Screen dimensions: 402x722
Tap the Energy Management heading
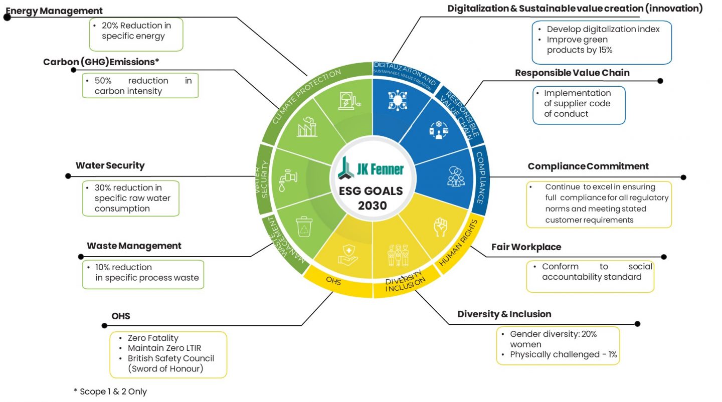tap(54, 11)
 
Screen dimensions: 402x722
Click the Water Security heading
tap(110, 165)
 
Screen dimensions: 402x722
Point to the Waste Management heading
tap(134, 246)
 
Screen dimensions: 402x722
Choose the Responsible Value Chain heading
tap(572, 73)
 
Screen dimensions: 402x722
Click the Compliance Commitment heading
tap(588, 166)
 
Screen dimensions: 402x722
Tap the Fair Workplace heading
tap(526, 247)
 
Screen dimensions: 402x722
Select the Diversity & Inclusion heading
tap(504, 314)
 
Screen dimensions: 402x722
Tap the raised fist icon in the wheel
tap(440, 226)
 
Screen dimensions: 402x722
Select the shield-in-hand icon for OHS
tap(347, 254)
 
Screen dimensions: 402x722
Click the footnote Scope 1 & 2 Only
tap(110, 391)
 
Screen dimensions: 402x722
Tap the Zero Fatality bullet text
tap(153, 338)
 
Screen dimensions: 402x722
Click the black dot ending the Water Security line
tap(68, 176)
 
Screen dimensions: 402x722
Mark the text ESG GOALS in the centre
tap(372, 191)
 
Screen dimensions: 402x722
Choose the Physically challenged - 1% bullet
tap(563, 355)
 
